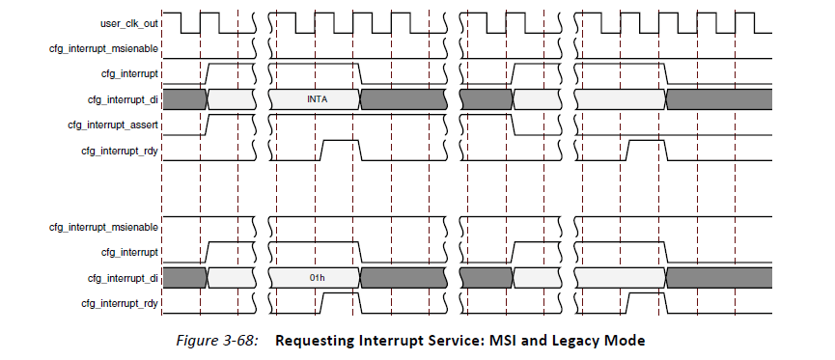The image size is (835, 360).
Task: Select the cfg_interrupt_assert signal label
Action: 113,125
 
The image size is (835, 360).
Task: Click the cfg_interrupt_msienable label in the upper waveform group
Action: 104,47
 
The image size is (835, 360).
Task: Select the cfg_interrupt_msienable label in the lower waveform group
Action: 104,226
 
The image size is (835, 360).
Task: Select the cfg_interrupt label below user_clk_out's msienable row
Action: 130,73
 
